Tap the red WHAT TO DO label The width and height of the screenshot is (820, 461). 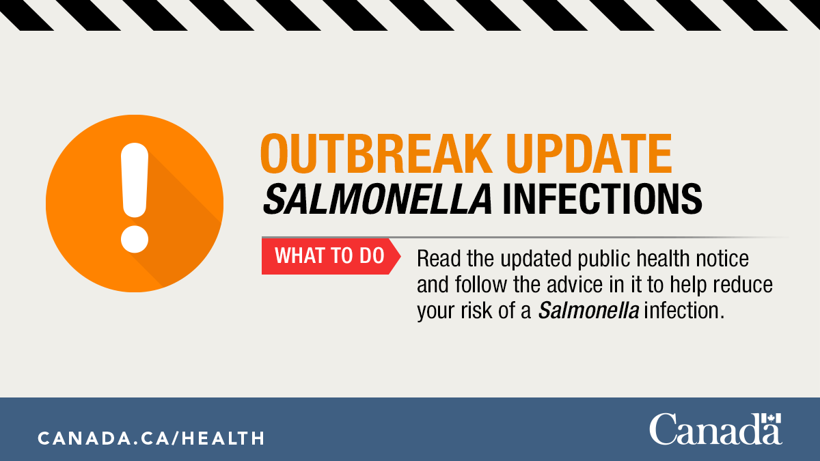[327, 256]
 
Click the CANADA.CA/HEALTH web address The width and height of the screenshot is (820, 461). [151, 438]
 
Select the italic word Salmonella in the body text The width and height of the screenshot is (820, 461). [589, 310]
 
